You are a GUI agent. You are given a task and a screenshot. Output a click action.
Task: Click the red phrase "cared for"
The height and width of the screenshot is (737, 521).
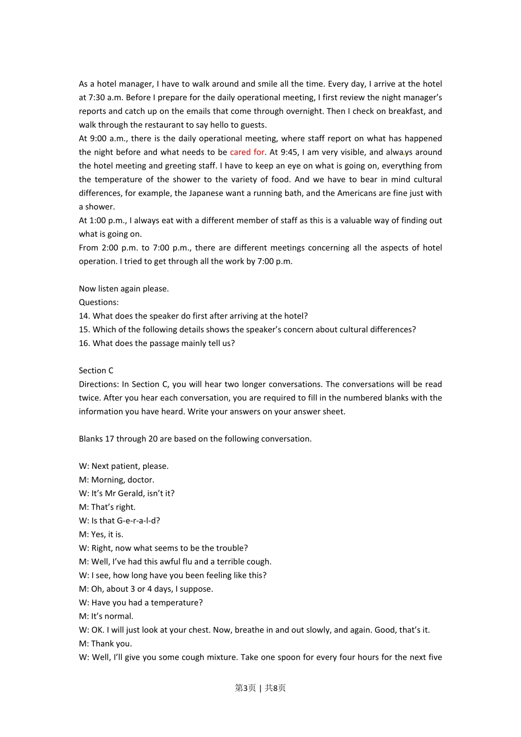pyautogui.click(x=247, y=152)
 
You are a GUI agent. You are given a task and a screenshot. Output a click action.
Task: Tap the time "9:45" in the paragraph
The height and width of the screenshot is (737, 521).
pyautogui.click(x=288, y=152)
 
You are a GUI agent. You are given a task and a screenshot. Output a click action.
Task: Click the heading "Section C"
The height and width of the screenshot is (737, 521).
pyautogui.click(x=96, y=371)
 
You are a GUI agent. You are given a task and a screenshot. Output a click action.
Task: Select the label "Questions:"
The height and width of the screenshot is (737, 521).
pyautogui.click(x=99, y=302)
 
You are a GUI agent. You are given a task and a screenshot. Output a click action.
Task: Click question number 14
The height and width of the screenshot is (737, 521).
pyautogui.click(x=84, y=316)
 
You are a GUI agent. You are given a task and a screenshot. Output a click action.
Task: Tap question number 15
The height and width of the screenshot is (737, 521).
pyautogui.click(x=84, y=330)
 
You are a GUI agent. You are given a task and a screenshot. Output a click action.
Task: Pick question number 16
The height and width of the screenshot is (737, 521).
pyautogui.click(x=84, y=343)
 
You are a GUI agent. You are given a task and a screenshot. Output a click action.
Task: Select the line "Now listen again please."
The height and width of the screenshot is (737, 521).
pyautogui.click(x=124, y=288)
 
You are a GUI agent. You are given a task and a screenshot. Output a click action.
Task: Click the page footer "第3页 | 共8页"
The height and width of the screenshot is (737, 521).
pyautogui.click(x=260, y=688)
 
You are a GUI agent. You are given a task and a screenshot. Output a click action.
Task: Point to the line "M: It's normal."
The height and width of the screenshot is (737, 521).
pyautogui.click(x=106, y=616)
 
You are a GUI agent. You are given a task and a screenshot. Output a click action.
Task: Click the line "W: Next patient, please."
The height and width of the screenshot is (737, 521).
pyautogui.click(x=124, y=466)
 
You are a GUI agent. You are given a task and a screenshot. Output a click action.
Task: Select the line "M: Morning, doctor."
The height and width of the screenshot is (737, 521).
pyautogui.click(x=117, y=480)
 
